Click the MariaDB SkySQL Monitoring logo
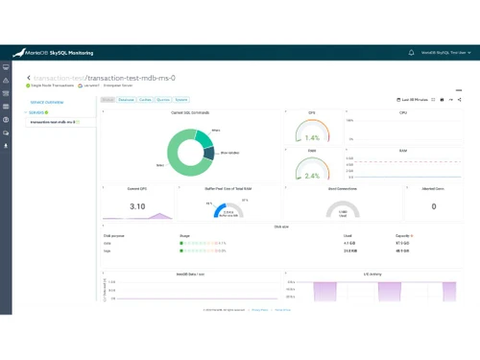(56, 53)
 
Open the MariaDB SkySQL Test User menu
(444, 53)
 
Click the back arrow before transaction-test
(29, 78)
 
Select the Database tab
(125, 99)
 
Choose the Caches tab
(145, 99)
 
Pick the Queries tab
(162, 99)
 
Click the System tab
(181, 99)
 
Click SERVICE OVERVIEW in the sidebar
(46, 102)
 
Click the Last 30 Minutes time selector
(414, 99)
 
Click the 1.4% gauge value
(312, 137)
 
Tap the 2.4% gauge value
(312, 176)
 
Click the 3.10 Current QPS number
(137, 206)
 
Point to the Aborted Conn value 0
(433, 206)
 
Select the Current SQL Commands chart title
(190, 113)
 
